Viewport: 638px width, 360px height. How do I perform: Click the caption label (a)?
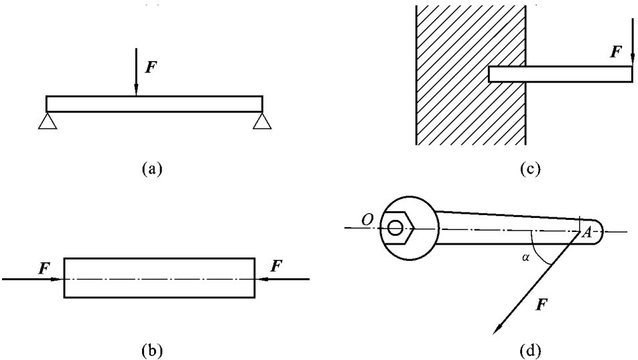click(153, 168)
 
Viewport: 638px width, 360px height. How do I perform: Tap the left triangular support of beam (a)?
click(46, 121)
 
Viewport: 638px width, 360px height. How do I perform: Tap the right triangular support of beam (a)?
click(262, 121)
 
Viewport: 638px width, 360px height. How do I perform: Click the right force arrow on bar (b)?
click(281, 278)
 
